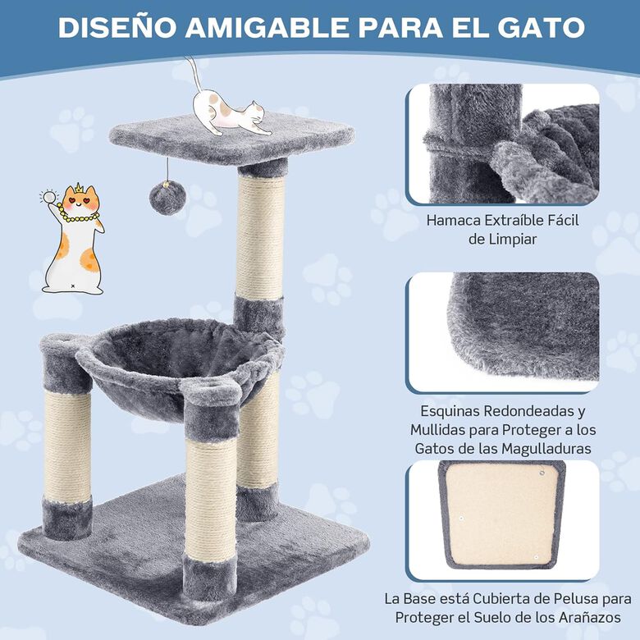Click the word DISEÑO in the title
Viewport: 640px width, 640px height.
pos(116,26)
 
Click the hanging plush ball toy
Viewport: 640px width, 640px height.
pos(166,199)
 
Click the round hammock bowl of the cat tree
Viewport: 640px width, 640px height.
pos(181,361)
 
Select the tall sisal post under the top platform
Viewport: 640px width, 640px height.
pos(261,238)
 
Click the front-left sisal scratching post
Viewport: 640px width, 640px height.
pos(67,447)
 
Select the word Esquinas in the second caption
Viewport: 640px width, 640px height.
pos(452,410)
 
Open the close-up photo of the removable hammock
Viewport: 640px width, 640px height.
pos(504,144)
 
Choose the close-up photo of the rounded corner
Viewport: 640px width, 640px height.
pos(504,331)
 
